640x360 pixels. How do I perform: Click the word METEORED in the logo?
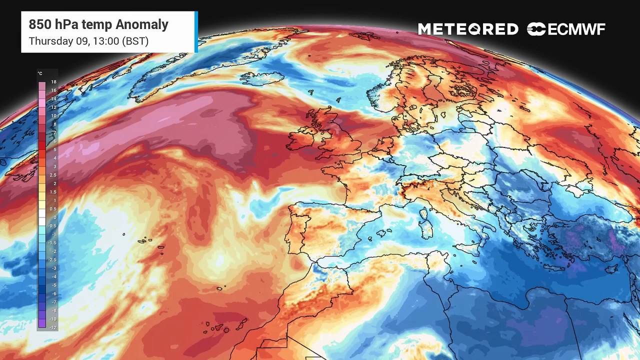click(468, 29)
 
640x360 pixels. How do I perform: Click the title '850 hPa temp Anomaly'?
click(98, 24)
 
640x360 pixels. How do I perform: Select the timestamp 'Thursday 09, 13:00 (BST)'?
click(88, 41)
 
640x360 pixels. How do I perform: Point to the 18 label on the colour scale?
click(53, 82)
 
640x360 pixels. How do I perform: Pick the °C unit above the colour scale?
click(40, 73)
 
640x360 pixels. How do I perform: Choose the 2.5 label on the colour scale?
click(53, 175)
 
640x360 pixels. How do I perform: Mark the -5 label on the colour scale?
click(53, 285)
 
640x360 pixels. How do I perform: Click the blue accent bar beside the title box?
click(196, 31)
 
